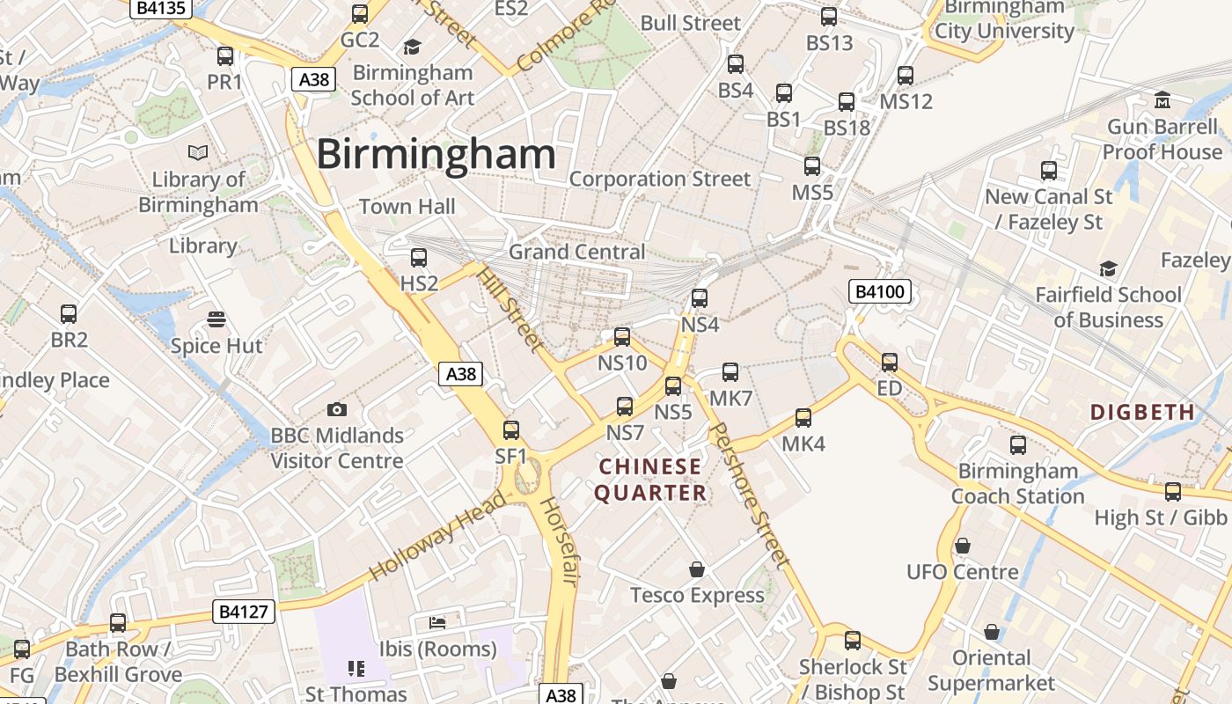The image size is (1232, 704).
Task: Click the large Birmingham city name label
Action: tap(436, 155)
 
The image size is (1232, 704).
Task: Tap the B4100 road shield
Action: tap(879, 292)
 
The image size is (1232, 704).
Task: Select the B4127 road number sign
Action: tap(244, 612)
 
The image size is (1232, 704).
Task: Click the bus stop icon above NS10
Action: tap(622, 337)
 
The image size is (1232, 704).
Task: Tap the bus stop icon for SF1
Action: tap(511, 430)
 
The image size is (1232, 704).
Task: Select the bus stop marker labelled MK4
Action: tap(803, 418)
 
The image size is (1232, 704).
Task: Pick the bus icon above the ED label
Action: tap(890, 363)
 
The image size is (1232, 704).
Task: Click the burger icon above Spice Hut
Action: tap(216, 319)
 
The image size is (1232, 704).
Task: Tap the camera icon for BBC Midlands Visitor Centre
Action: tap(336, 409)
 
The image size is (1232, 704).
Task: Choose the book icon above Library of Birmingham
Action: tap(199, 153)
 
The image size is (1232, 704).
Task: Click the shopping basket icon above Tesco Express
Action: tap(697, 569)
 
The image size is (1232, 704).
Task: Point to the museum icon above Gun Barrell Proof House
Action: tap(1162, 99)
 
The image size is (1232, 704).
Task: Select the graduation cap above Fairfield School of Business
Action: tap(1108, 268)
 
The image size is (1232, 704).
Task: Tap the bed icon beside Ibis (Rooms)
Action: tap(437, 623)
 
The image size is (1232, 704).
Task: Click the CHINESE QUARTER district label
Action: tap(650, 480)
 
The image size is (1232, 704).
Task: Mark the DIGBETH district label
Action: tap(1142, 412)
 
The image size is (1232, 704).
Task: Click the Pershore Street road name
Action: tap(748, 493)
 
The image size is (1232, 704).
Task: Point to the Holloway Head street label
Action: tap(437, 537)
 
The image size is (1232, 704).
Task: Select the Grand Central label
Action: tap(576, 252)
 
